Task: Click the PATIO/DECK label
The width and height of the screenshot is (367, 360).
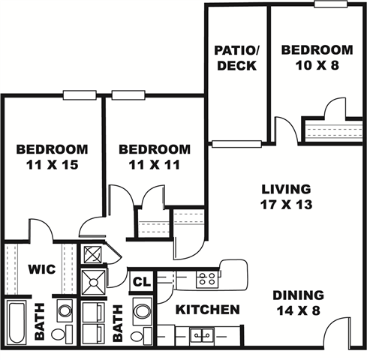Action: (237, 58)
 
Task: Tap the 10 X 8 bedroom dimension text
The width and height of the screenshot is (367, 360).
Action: (317, 65)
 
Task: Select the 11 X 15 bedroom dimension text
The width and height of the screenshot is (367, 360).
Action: (53, 165)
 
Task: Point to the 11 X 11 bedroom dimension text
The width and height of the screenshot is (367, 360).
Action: (155, 165)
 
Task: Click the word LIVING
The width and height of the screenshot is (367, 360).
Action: (286, 189)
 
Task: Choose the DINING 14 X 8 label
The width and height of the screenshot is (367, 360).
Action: (299, 303)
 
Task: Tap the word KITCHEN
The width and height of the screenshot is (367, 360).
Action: (208, 310)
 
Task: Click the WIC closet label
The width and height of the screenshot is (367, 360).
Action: (42, 269)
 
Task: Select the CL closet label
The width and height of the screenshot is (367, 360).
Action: (142, 282)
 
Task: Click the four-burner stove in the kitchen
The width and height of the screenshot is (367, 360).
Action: (207, 279)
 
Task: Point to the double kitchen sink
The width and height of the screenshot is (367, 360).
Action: (202, 335)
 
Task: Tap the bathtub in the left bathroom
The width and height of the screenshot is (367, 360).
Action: (17, 322)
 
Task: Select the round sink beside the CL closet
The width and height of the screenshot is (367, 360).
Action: (142, 311)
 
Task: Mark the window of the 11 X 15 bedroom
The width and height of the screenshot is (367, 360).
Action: (80, 95)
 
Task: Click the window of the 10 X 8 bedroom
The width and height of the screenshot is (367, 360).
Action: (331, 4)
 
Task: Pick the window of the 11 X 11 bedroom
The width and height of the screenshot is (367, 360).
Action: (128, 95)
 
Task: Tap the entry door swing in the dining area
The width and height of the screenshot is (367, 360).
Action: (337, 331)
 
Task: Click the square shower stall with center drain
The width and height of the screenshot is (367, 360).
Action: (94, 283)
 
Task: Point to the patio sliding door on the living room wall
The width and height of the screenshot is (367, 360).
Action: (236, 144)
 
